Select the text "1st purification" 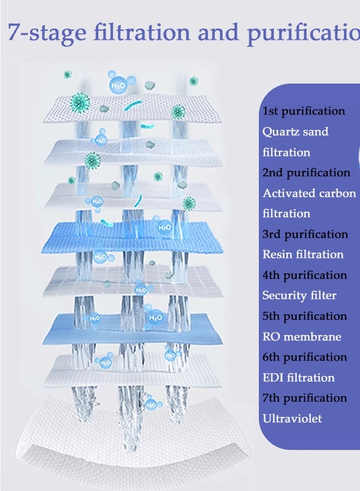(x=303, y=111)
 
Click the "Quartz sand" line (x=295, y=131)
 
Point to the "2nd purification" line (x=306, y=173)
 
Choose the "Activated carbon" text (x=309, y=193)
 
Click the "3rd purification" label (x=305, y=234)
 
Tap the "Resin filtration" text (x=303, y=254)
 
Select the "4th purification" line (x=304, y=275)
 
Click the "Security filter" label (x=299, y=296)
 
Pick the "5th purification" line (x=304, y=316)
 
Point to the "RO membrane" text (x=301, y=337)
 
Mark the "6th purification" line (x=304, y=357)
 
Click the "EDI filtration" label (x=298, y=378)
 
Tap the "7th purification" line (x=304, y=398)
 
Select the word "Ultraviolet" (x=292, y=418)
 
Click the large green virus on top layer (x=81, y=102)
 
